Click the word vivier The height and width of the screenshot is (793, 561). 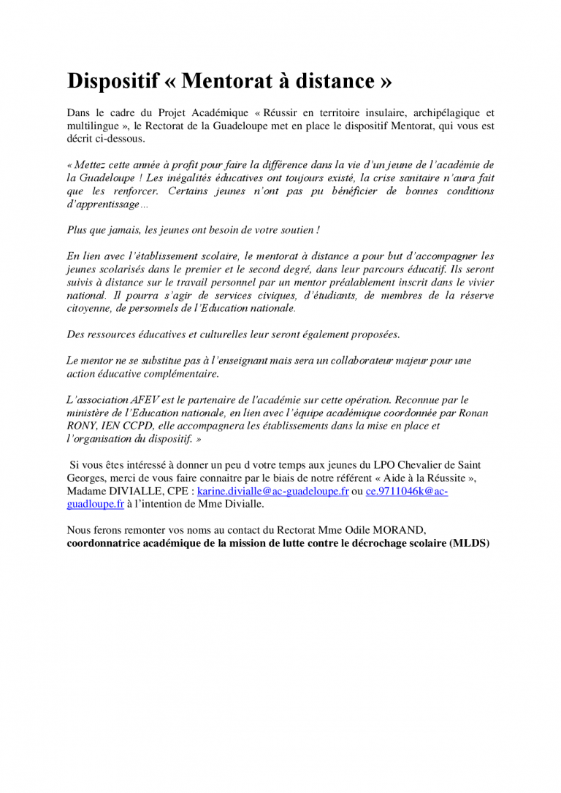477,283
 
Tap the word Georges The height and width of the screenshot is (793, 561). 86,478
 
